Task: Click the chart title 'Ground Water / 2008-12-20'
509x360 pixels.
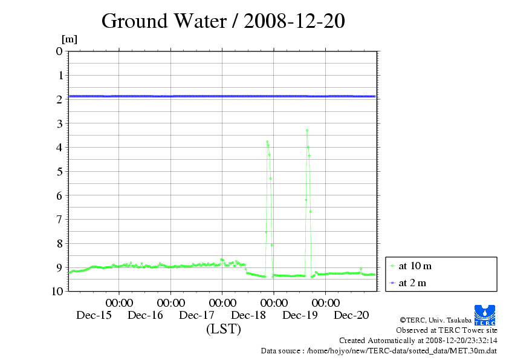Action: point(223,21)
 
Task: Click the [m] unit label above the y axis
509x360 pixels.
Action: point(70,40)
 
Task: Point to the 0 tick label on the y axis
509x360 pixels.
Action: point(59,51)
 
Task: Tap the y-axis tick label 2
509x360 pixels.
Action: point(59,99)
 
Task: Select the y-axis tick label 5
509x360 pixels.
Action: point(59,171)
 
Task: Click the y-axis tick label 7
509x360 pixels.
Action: point(59,219)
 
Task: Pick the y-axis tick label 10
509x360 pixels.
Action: point(57,291)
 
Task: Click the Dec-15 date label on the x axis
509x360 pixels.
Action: point(94,315)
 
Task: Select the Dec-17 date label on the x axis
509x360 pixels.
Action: point(197,315)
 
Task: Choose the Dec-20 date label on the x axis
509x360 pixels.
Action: point(352,315)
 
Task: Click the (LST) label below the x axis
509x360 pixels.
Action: point(223,330)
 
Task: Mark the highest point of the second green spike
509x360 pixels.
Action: point(307,130)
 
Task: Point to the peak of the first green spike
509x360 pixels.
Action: point(267,142)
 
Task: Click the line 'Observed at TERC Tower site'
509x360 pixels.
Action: point(446,330)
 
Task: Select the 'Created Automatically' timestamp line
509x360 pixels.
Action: point(418,341)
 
